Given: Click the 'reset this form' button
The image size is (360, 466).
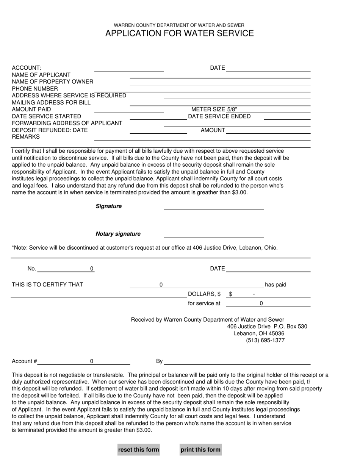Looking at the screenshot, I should pyautogui.click(x=138, y=450).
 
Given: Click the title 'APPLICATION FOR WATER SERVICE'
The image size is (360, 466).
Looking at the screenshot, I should pyautogui.click(x=180, y=33).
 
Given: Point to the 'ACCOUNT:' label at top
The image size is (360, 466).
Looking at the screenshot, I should pyautogui.click(x=27, y=68).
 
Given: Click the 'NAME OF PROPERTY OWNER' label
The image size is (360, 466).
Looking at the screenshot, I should pyautogui.click(x=52, y=82).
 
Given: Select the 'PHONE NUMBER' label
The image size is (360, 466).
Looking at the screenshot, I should pyautogui.click(x=35, y=89).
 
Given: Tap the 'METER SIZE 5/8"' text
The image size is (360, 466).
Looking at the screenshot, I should pyautogui.click(x=214, y=109).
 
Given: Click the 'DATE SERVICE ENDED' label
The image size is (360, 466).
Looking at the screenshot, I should pyautogui.click(x=219, y=116).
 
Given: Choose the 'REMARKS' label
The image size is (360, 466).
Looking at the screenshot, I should pyautogui.click(x=26, y=137).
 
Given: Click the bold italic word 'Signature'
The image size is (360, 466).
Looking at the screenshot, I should pyautogui.click(x=109, y=206).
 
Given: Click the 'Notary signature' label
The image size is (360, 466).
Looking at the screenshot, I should pyautogui.click(x=118, y=234).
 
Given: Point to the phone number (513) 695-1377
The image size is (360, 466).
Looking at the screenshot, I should pyautogui.click(x=265, y=340).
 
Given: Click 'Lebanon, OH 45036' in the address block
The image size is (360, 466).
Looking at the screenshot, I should pyautogui.click(x=258, y=333).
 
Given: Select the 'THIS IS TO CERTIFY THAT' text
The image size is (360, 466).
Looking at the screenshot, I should pyautogui.click(x=47, y=285).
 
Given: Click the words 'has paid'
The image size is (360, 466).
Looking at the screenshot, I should pyautogui.click(x=275, y=285).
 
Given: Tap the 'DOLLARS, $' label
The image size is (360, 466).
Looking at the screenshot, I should pyautogui.click(x=204, y=294).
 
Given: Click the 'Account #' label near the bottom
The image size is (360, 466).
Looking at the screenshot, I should pyautogui.click(x=24, y=361).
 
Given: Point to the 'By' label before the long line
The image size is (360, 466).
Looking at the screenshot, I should pyautogui.click(x=159, y=361).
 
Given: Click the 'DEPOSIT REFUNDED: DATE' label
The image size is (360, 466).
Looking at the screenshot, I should pyautogui.click(x=50, y=130).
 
